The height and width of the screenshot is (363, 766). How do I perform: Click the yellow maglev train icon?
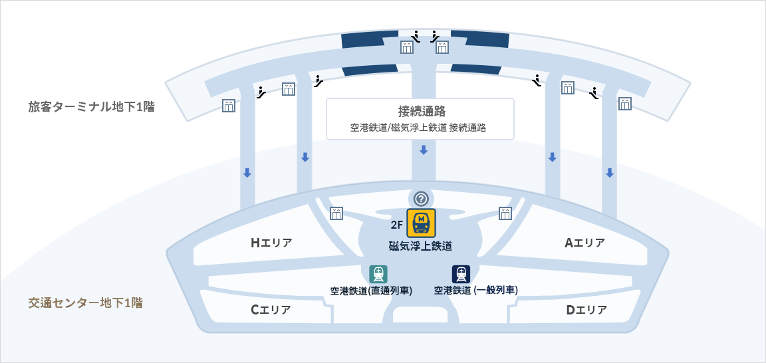pos(421,223)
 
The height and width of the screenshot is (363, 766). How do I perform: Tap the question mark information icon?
pos(421,198)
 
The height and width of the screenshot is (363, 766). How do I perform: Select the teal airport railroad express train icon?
pos(378,274)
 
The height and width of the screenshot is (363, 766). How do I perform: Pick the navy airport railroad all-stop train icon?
pos(461,274)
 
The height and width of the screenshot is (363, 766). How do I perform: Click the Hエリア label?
pos(271,243)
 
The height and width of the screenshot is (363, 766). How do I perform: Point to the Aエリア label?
pos(585,243)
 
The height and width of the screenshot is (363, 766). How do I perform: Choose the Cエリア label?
pos(271,310)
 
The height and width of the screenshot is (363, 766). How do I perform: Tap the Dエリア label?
pos(586,310)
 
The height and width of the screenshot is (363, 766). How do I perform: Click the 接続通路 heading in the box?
pos(421,111)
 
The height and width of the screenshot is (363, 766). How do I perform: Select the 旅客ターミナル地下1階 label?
pos(91,106)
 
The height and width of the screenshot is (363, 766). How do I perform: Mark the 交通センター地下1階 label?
pos(85,302)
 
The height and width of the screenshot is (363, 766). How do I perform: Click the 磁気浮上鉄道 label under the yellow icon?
pos(420,246)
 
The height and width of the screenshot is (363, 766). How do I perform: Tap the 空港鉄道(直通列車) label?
pos(371,291)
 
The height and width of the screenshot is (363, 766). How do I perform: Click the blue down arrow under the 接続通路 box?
pos(424,150)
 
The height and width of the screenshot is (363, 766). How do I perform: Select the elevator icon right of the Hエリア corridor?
pos(336,213)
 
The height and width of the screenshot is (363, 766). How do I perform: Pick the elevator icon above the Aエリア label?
pos(505,213)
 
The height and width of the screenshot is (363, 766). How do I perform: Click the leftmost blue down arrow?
pos(247,173)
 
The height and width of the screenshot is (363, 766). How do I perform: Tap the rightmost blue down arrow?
pos(609,173)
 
